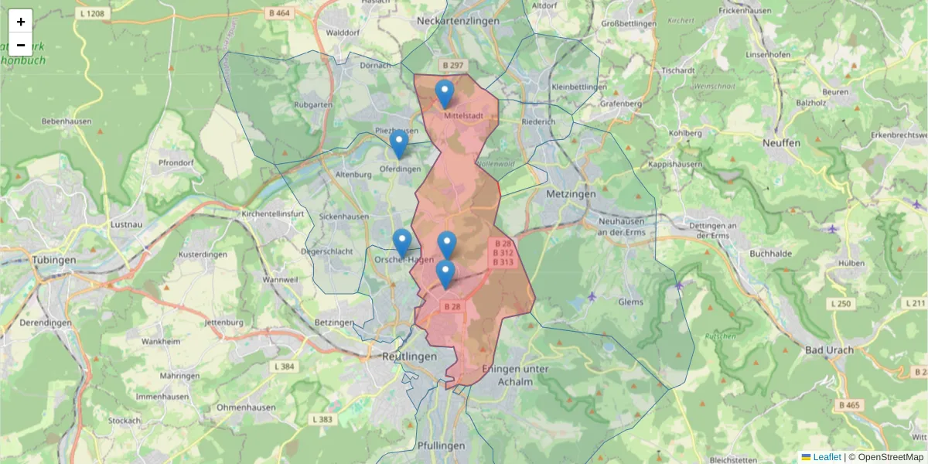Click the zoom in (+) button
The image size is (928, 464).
tap(21, 22)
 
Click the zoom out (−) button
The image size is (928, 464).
tap(21, 45)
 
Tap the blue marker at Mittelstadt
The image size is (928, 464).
tap(445, 94)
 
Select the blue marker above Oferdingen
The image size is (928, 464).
tap(399, 144)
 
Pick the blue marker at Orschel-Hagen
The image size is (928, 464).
tap(402, 243)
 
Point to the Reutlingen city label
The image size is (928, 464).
tap(409, 356)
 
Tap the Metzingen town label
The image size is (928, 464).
tap(571, 193)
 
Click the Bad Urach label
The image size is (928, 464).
tap(829, 350)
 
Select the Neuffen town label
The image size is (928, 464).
tap(781, 143)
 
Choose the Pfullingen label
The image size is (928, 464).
tap(441, 445)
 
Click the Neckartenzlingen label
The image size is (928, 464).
tap(457, 21)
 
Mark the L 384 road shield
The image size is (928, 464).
tap(284, 366)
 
